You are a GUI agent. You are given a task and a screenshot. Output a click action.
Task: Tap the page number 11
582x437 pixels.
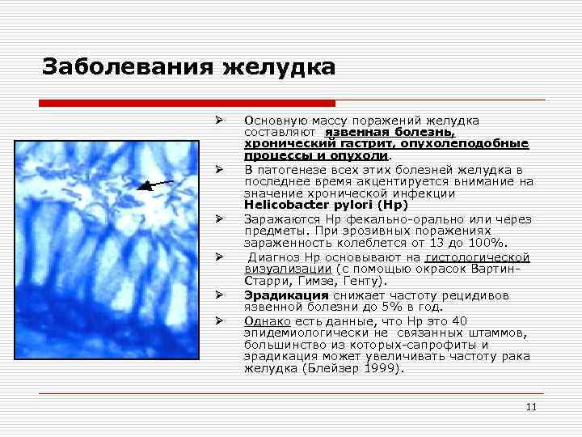[531, 407]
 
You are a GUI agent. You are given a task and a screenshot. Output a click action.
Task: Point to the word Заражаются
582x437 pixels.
[276, 219]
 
